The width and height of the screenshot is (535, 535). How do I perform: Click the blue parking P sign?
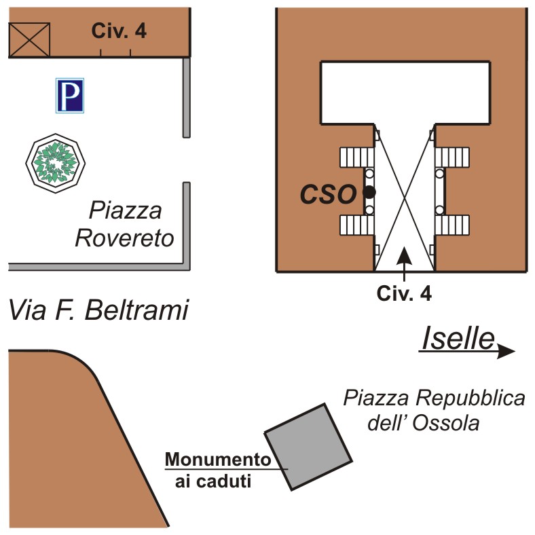click(69, 94)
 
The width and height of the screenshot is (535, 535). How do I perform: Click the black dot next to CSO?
click(369, 193)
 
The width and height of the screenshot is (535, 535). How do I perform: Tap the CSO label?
click(328, 195)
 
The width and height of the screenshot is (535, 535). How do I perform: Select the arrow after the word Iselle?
click(505, 351)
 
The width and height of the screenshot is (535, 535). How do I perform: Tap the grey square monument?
click(308, 447)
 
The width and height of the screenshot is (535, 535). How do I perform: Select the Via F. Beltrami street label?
click(98, 311)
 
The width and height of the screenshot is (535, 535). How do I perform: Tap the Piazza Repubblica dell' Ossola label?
click(433, 410)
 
